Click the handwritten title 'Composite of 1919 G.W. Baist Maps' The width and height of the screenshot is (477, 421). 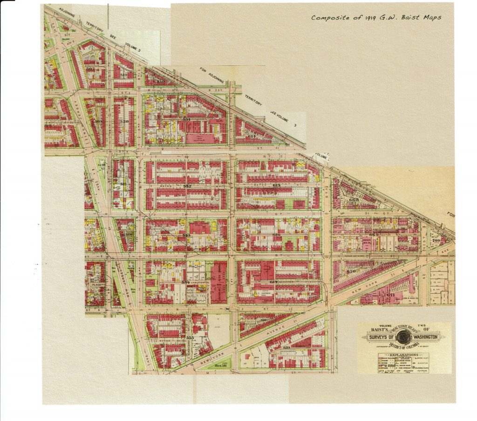(376, 18)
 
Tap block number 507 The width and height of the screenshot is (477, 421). (90, 69)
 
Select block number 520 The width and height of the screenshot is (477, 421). (124, 121)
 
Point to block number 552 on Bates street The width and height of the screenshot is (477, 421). (187, 186)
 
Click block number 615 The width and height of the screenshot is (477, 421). (277, 186)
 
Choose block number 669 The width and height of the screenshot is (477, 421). (374, 235)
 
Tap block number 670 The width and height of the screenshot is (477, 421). (351, 271)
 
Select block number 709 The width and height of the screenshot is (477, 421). (436, 241)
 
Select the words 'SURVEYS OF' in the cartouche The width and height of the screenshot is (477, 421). (380, 338)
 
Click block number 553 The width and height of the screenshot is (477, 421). (186, 235)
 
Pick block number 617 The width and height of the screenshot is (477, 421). (274, 283)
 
